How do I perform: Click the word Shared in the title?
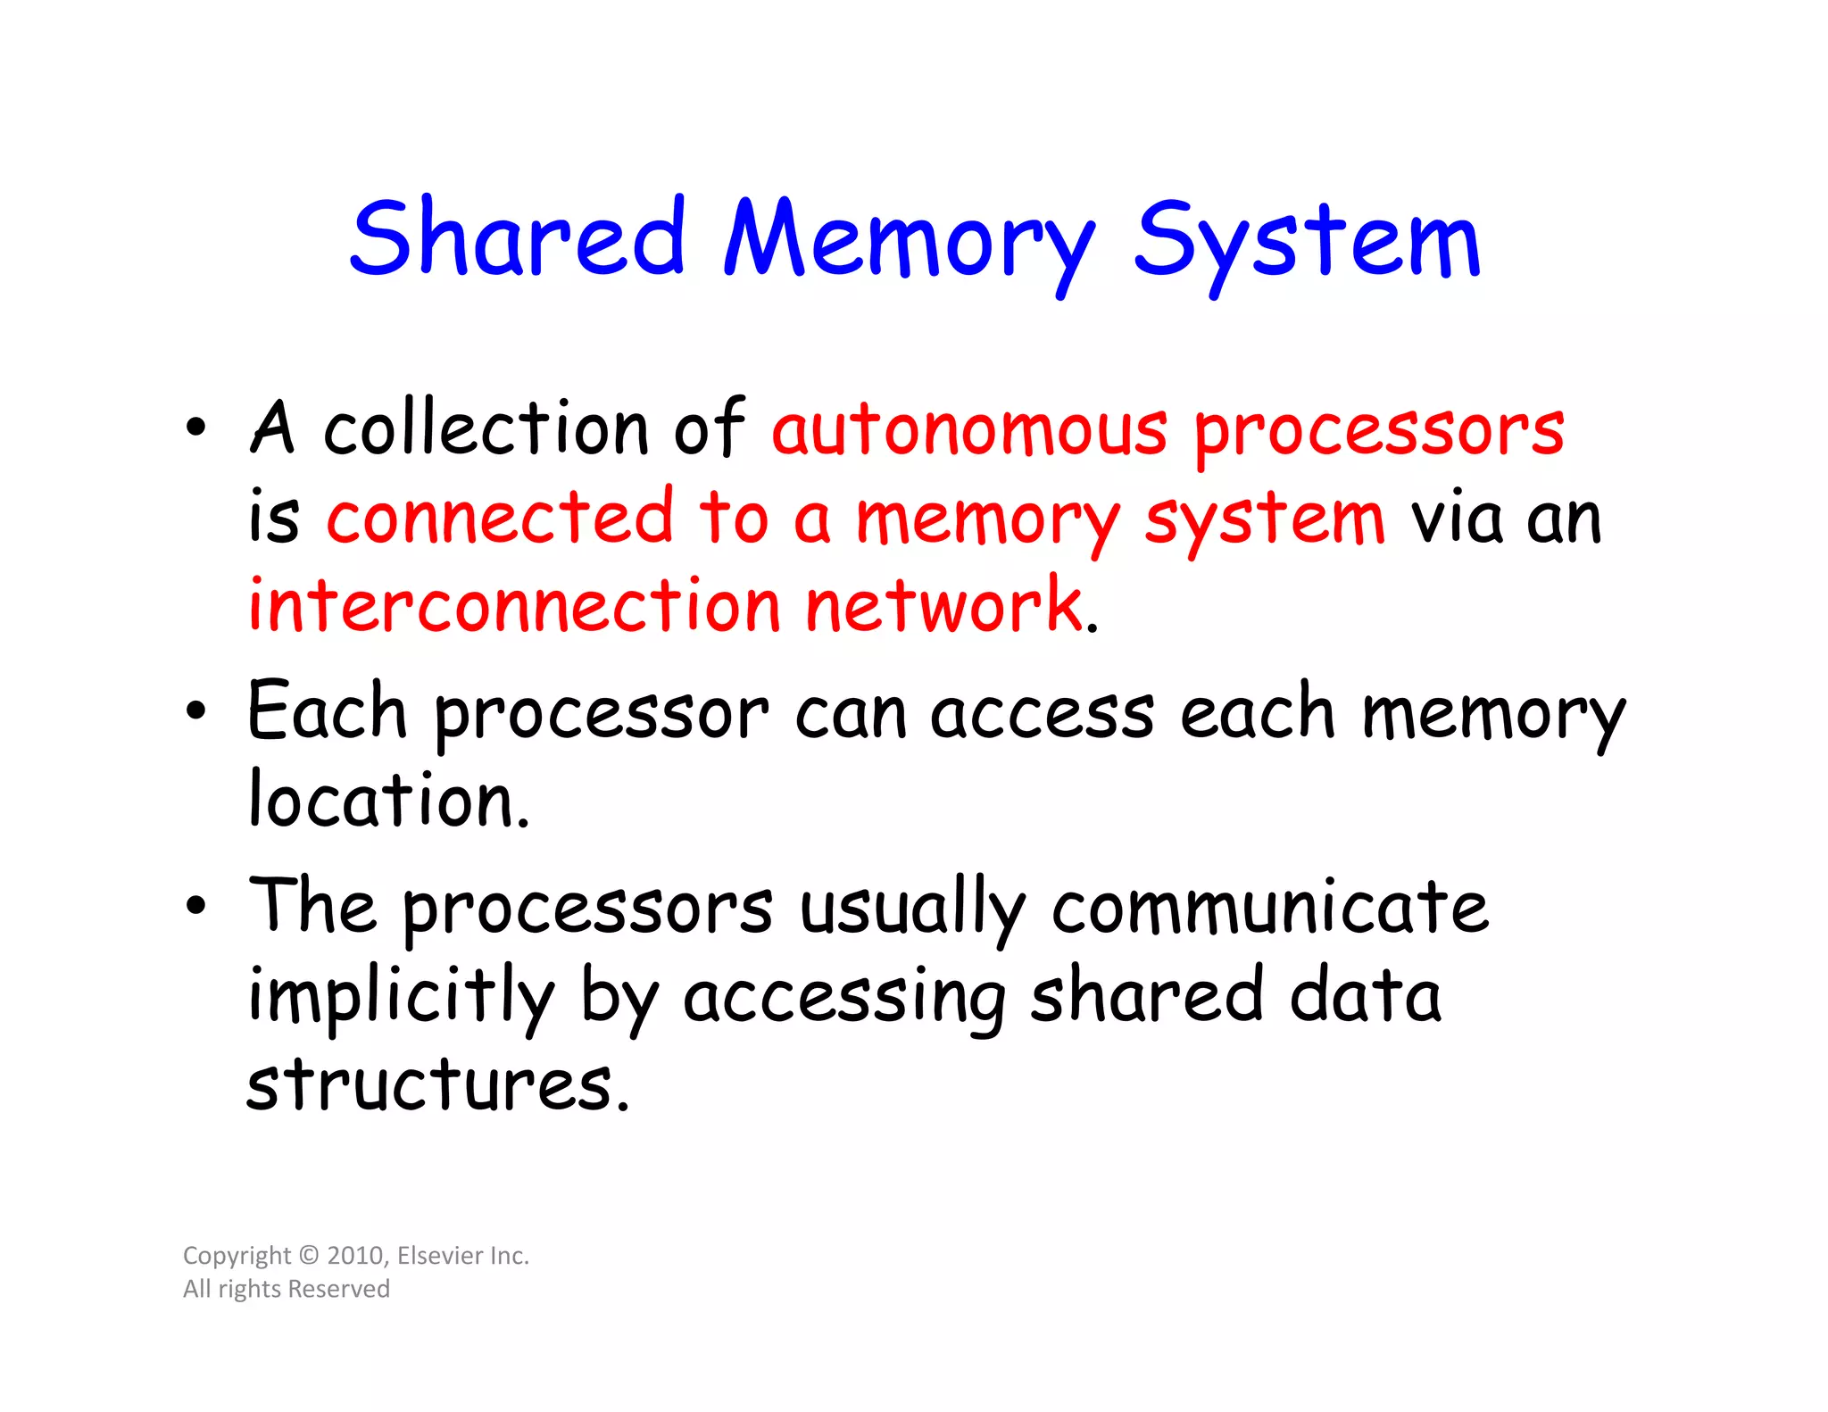coord(517,237)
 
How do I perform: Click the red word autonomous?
coord(969,430)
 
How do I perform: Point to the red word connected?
coord(500,518)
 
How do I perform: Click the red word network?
coord(945,606)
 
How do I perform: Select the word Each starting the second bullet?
coord(327,711)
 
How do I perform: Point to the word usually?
coord(911,909)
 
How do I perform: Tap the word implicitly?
coord(401,997)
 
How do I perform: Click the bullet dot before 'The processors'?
coord(195,906)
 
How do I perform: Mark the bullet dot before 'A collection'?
coord(195,428)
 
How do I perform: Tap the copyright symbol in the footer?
coord(309,1256)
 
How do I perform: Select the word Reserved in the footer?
coord(338,1289)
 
